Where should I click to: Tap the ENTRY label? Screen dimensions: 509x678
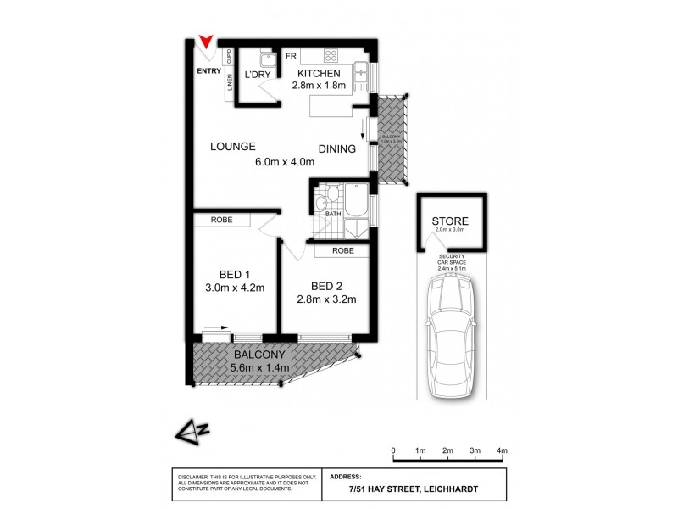tap(208, 71)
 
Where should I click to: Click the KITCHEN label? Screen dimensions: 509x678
tap(319, 72)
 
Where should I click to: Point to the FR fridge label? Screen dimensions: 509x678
tap(290, 57)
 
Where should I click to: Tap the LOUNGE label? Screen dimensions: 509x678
tap(233, 146)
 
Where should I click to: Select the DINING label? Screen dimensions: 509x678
tap(336, 149)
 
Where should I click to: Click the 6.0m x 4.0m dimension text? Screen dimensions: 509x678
tap(285, 163)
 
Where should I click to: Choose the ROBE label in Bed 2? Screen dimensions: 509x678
tap(342, 250)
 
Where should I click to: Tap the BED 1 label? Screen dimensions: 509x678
tap(235, 274)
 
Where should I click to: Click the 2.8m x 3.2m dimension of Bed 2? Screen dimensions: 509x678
tap(326, 299)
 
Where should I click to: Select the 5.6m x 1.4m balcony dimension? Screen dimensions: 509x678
tap(260, 367)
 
